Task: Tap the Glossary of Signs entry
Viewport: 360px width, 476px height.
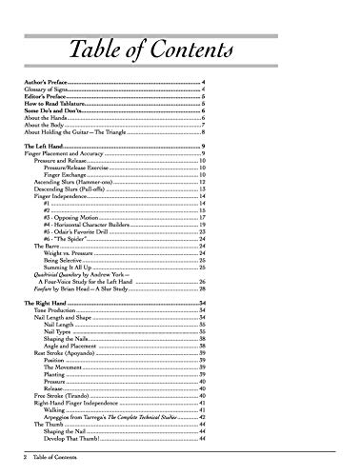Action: click(x=48, y=93)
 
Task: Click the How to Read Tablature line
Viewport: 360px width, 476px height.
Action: click(x=55, y=108)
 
